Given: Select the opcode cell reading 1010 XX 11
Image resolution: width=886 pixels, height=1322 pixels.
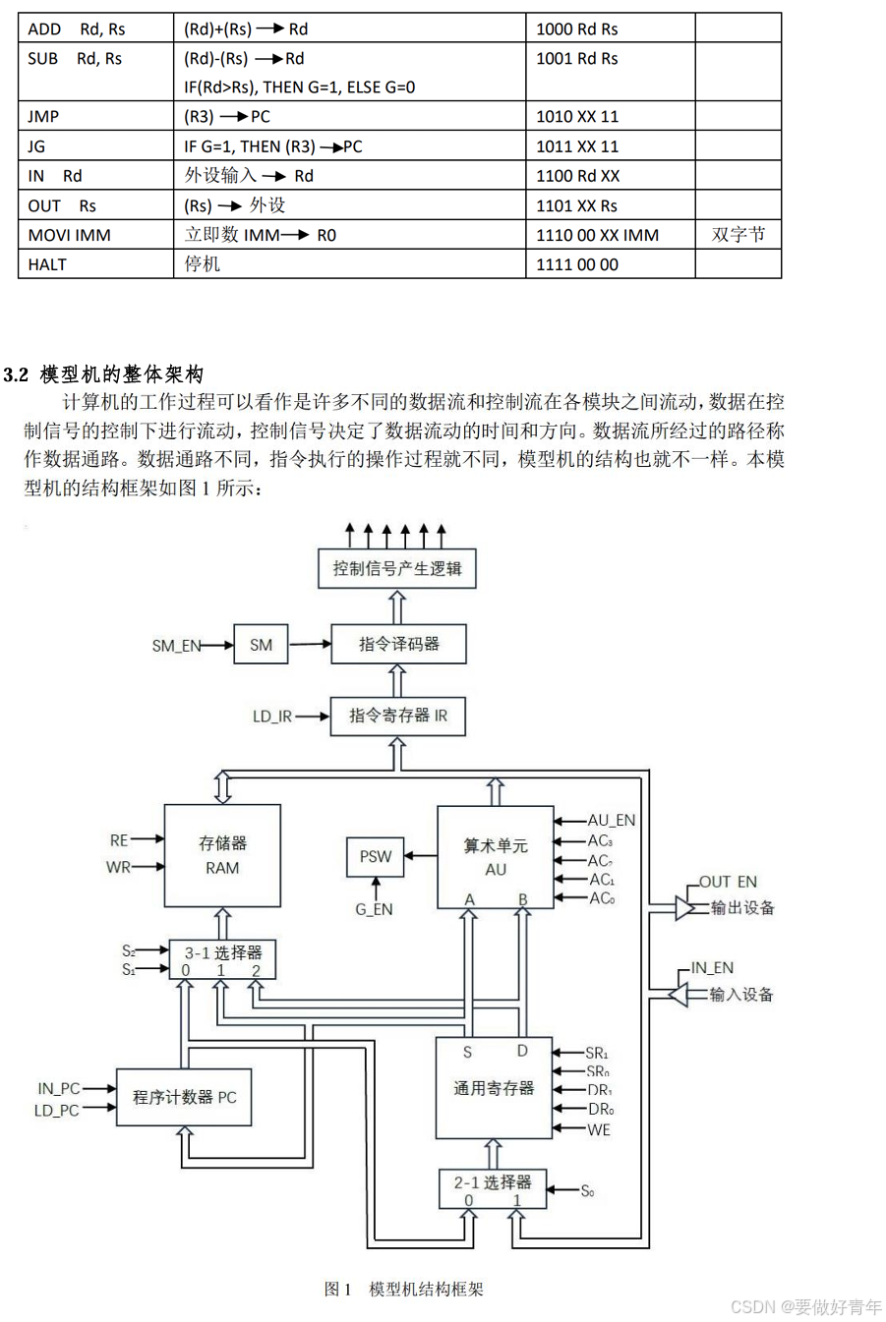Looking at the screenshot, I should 577,116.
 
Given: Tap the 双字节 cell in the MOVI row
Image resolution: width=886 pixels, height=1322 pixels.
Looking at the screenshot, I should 738,235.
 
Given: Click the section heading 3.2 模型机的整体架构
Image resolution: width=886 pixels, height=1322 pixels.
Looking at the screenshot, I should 104,374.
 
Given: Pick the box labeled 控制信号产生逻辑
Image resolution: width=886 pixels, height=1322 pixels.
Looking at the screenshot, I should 397,568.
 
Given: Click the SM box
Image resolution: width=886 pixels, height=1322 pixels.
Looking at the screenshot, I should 261,645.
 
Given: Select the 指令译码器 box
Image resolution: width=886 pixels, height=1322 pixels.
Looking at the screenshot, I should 398,644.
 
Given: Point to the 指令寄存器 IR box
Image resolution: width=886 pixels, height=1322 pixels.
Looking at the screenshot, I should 397,716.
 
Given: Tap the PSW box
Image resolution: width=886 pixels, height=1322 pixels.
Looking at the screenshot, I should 376,857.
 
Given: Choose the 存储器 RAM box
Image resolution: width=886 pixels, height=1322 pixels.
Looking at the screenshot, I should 222,855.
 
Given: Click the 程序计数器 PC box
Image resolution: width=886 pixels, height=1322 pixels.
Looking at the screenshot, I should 184,1097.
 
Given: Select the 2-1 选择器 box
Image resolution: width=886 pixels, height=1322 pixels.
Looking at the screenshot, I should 492,1188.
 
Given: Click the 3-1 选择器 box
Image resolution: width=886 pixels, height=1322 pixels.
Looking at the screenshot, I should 222,958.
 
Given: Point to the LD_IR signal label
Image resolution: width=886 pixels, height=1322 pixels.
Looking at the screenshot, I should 272,717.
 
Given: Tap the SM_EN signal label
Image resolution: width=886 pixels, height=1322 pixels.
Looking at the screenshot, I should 176,646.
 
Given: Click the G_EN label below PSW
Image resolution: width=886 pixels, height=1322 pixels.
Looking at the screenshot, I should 374,910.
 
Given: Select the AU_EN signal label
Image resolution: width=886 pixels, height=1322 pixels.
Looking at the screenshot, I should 612,820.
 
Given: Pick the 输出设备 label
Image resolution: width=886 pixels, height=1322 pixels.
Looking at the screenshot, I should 742,907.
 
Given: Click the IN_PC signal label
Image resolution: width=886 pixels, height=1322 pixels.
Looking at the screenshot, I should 59,1088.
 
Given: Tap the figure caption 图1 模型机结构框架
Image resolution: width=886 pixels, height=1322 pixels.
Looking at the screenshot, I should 404,1289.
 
